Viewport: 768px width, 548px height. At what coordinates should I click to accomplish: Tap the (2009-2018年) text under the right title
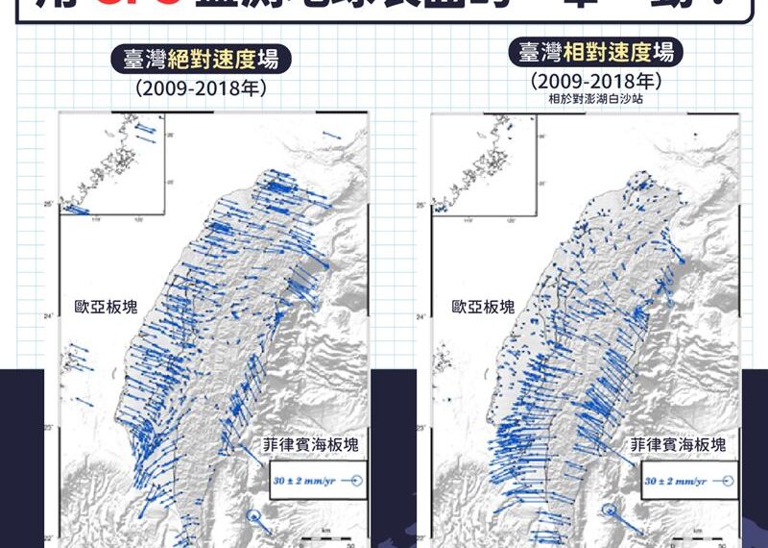click(594, 82)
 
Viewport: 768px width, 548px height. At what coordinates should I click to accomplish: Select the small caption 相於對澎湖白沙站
click(594, 98)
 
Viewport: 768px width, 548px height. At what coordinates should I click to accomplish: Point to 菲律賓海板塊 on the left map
click(311, 445)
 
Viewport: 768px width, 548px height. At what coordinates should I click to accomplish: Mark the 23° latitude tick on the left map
click(48, 427)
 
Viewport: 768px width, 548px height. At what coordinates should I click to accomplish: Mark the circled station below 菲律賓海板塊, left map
click(253, 517)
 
